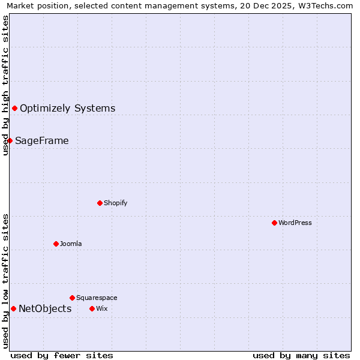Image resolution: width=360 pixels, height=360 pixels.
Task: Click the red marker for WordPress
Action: pyautogui.click(x=274, y=223)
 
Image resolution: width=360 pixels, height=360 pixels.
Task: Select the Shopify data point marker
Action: pyautogui.click(x=100, y=203)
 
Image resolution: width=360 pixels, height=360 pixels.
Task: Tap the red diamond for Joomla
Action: pyautogui.click(x=56, y=244)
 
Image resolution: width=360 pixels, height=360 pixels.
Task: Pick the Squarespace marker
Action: pyautogui.click(x=72, y=298)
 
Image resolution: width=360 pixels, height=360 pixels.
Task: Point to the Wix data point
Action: pyautogui.click(x=92, y=308)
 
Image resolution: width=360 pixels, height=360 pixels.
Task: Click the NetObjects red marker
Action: pyautogui.click(x=13, y=308)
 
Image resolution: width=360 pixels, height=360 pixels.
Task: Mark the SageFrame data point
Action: pyautogui.click(x=10, y=140)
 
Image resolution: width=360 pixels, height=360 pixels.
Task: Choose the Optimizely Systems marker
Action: pyautogui.click(x=14, y=108)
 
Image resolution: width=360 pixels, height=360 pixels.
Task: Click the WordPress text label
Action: pyautogui.click(x=295, y=223)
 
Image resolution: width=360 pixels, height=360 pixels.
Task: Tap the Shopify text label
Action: pyautogui.click(x=116, y=203)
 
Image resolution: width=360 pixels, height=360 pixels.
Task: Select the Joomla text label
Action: pyautogui.click(x=71, y=244)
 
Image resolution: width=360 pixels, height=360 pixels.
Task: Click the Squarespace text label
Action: pyautogui.click(x=97, y=298)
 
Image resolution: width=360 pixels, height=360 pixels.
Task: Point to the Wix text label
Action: pyautogui.click(x=101, y=308)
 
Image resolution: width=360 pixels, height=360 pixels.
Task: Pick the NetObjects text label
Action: pyautogui.click(x=45, y=309)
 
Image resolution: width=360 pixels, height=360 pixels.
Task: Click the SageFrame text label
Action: pyautogui.click(x=42, y=141)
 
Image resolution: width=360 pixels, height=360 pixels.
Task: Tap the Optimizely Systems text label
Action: pyautogui.click(x=67, y=109)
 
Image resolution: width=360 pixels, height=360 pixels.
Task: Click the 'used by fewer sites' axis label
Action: pyautogui.click(x=62, y=355)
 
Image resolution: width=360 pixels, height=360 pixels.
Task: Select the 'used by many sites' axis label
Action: pyautogui.click(x=301, y=355)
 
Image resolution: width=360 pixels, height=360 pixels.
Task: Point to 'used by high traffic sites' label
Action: pyautogui.click(x=5, y=85)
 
